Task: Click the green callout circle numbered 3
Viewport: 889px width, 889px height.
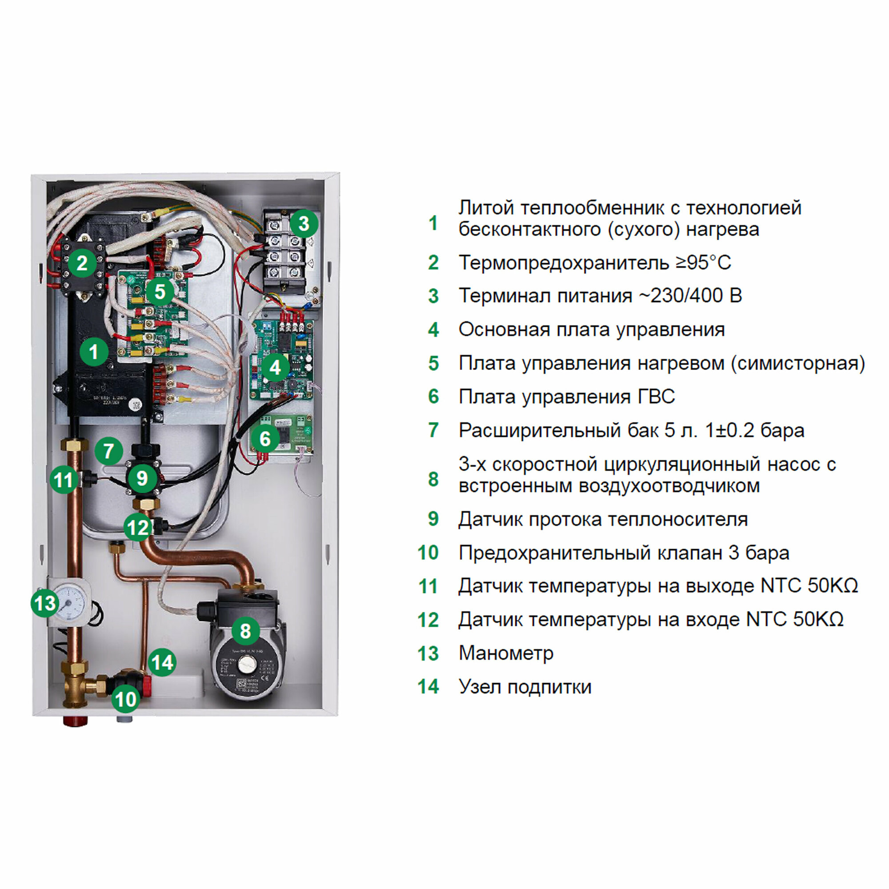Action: (x=304, y=224)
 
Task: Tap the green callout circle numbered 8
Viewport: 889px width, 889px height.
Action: (x=245, y=631)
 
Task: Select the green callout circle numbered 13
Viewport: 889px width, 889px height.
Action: (x=45, y=603)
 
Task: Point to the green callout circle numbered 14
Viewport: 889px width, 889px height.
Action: (x=162, y=662)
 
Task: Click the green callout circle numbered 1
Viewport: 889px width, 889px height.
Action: (x=94, y=352)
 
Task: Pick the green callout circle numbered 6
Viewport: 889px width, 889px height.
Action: (x=265, y=439)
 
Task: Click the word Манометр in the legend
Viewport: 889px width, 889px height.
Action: (x=506, y=653)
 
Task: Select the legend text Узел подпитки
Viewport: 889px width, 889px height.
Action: (x=525, y=687)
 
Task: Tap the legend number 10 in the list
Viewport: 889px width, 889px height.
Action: (x=428, y=553)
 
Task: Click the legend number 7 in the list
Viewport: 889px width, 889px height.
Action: (x=433, y=430)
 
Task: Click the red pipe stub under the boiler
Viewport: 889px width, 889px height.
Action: (x=75, y=721)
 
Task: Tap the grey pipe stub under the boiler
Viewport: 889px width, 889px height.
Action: (x=125, y=718)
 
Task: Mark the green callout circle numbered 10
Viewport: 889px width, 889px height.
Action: (x=125, y=699)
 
